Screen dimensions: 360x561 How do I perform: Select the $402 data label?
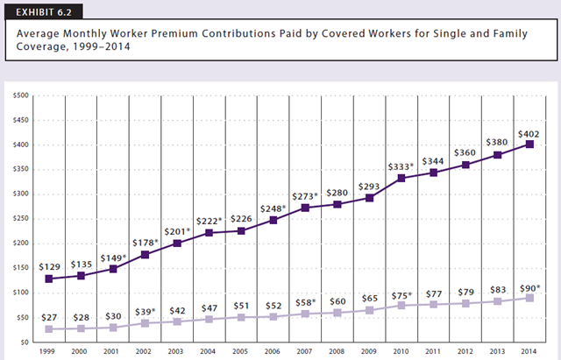click(529, 134)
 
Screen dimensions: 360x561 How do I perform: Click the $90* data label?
click(529, 286)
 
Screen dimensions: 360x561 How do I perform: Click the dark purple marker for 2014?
click(529, 145)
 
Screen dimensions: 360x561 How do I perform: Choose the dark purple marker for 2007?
click(303, 208)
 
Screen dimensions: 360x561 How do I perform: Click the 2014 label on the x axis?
click(529, 351)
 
